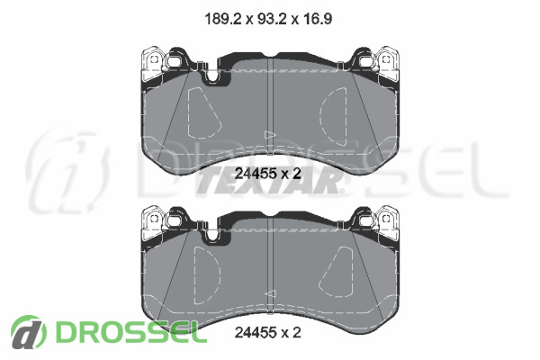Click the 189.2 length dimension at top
[222, 19]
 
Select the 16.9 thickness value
[318, 19]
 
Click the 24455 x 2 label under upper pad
[267, 174]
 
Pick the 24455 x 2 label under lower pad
[267, 332]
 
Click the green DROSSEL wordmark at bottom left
[131, 332]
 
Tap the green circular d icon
[28, 332]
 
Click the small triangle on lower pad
[270, 294]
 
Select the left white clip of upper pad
[153, 64]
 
